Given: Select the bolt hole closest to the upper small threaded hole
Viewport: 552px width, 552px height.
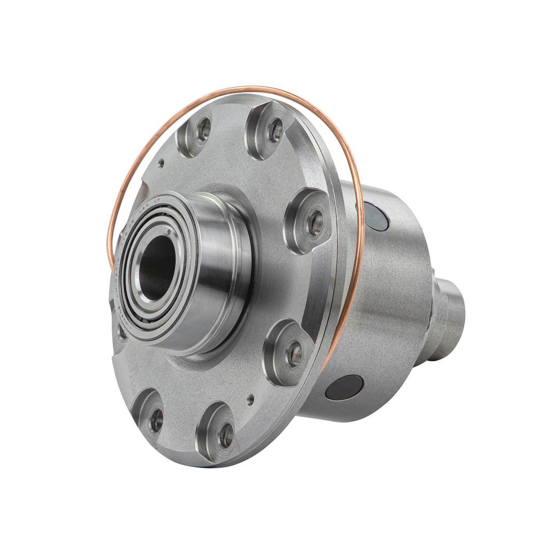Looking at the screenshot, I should click(204, 129).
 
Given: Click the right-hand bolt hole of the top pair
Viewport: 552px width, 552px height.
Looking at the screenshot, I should click(275, 130).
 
